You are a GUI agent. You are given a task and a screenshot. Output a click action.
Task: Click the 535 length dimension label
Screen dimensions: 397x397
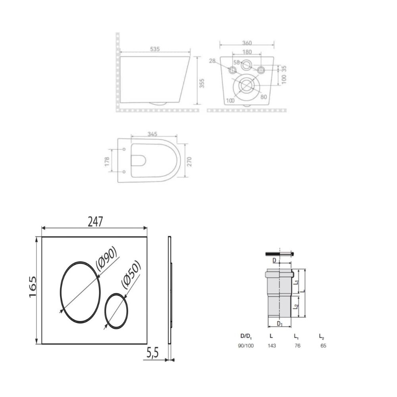coord(155,49)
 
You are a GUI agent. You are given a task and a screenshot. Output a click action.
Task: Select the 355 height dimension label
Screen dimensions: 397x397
coord(202,83)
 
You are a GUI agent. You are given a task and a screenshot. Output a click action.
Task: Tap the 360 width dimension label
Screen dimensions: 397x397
coord(247,43)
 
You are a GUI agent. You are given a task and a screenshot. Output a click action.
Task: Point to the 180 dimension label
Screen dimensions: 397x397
coord(247,52)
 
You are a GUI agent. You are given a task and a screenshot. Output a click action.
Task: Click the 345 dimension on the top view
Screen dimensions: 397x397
coord(152,134)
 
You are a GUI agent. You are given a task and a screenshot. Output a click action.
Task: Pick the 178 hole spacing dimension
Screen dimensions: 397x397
coord(107,162)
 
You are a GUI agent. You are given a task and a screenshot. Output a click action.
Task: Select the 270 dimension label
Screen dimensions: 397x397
coord(190,162)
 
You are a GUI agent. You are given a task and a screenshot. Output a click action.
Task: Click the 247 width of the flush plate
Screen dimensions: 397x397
coord(95,222)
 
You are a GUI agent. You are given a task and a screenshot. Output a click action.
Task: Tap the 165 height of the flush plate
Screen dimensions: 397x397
coord(33,287)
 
